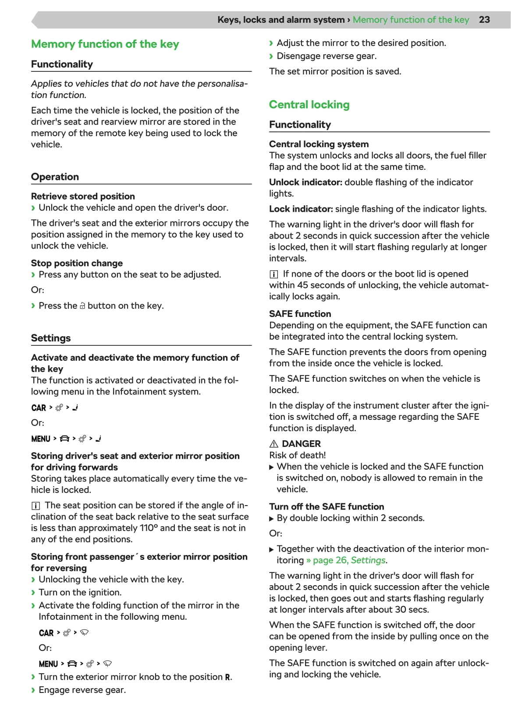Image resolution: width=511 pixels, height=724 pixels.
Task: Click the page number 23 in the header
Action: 484,20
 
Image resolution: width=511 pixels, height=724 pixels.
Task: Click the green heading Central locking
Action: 309,105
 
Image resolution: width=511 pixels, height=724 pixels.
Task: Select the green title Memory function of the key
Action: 105,44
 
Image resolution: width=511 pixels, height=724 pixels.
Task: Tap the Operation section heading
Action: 55,177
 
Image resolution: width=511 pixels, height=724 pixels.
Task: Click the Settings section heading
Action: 51,338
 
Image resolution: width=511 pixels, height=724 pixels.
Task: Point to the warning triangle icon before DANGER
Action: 274,443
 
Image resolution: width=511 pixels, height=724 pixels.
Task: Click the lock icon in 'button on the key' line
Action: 82,306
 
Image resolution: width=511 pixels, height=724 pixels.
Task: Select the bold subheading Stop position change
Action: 77,263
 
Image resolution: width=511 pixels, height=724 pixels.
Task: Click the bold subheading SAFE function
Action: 300,314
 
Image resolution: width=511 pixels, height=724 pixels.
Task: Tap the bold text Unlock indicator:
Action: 305,182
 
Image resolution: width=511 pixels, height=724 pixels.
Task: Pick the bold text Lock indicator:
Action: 301,209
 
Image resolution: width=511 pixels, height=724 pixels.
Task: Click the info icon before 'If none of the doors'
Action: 273,274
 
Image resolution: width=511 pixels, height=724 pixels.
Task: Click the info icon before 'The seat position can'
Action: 35,506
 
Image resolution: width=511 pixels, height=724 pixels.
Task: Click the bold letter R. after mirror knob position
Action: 228,677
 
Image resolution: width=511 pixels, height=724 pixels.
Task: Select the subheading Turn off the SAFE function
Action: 326,506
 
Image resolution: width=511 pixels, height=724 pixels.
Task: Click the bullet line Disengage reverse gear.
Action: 326,56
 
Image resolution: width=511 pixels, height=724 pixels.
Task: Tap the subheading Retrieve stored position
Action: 83,196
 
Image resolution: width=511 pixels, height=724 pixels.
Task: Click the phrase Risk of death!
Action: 298,455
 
